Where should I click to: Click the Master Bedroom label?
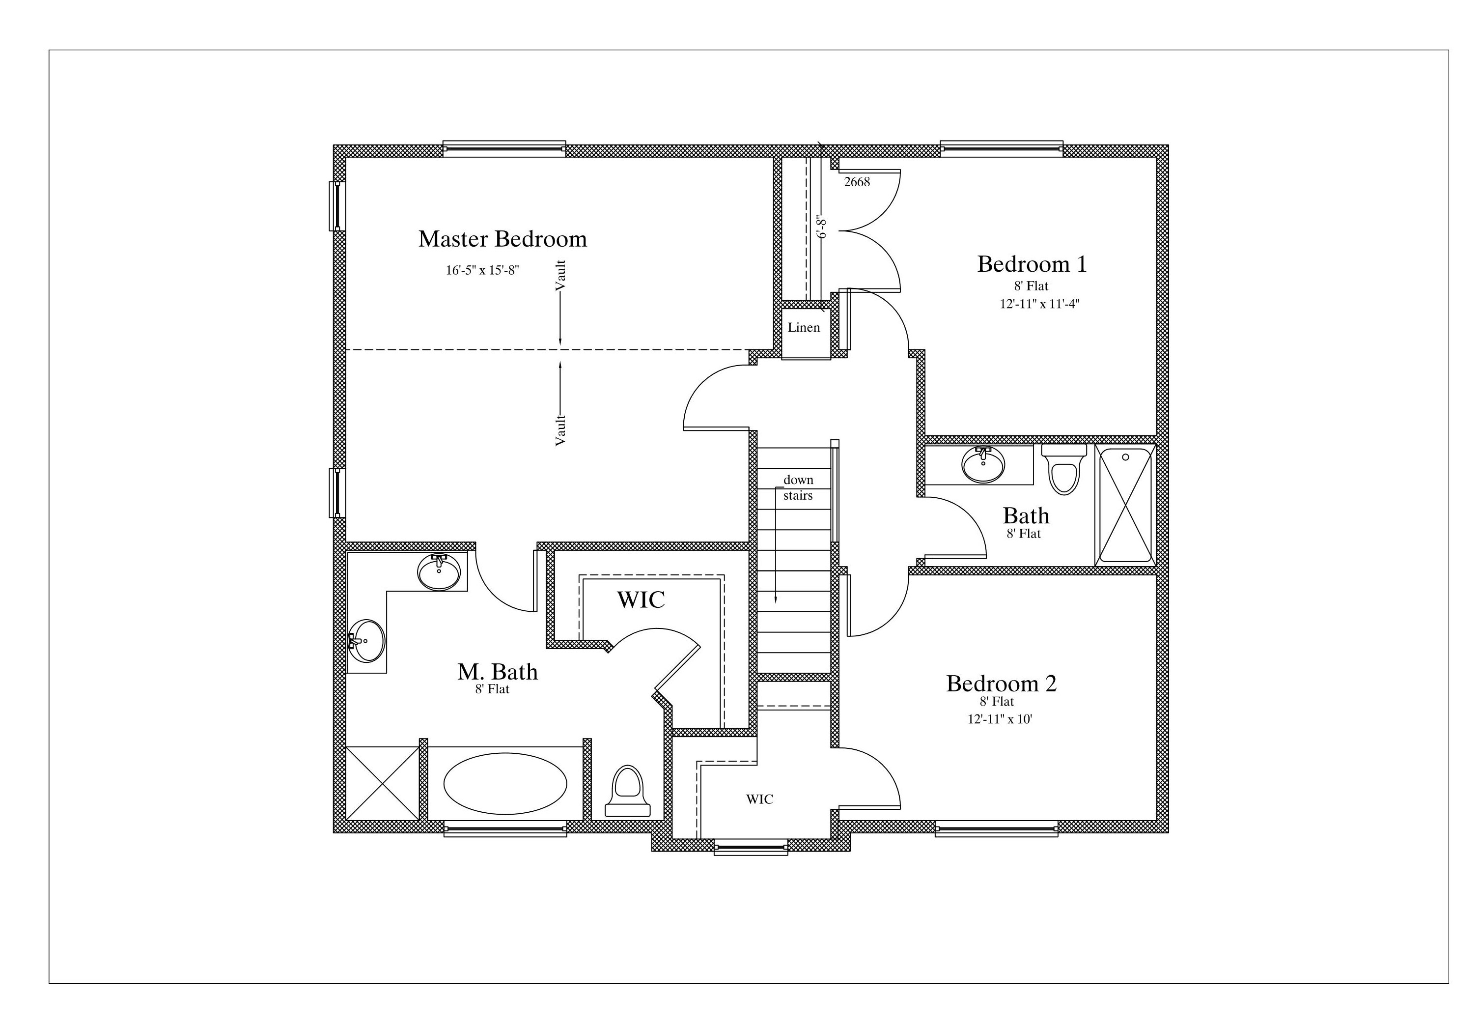[503, 239]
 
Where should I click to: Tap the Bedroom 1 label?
[1032, 264]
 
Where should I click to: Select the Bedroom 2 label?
[1001, 684]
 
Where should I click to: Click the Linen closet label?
[804, 327]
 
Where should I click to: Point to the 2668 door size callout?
[857, 182]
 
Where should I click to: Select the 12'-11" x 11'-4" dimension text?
[1039, 304]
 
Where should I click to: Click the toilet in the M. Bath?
[628, 791]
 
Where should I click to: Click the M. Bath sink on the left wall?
[366, 640]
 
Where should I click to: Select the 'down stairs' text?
[798, 488]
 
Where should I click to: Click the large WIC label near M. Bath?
[641, 600]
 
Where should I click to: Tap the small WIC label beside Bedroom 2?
[759, 799]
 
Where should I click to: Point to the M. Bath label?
[498, 672]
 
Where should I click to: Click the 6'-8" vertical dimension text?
[821, 227]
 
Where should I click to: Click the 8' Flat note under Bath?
[1024, 534]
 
